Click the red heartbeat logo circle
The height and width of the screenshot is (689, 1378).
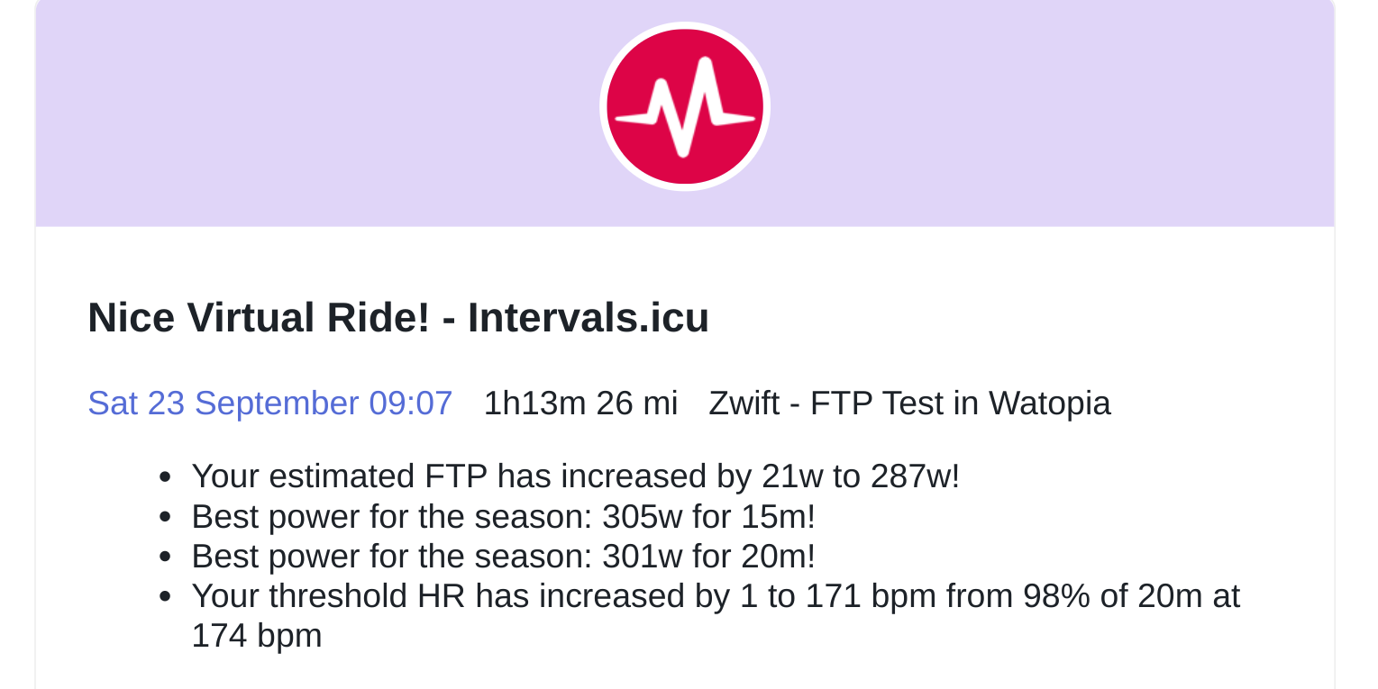[685, 106]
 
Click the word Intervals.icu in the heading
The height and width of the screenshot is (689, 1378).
[589, 318]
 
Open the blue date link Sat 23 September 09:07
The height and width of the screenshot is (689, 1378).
[270, 403]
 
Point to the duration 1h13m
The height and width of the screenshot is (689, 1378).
[534, 403]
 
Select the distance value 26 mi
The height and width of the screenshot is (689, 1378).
[636, 403]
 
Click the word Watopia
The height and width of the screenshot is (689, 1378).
[1049, 403]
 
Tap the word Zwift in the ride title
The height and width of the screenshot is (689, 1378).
[744, 403]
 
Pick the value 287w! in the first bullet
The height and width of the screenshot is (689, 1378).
[915, 476]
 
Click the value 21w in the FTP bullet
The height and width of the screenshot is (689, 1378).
[792, 476]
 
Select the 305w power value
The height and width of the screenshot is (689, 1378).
[642, 516]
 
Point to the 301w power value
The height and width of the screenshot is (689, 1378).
[642, 557]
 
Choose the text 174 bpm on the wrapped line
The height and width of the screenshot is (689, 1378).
[257, 636]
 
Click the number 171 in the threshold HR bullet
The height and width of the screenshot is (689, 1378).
[833, 596]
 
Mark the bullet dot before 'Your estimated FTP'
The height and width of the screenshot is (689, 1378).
[165, 477]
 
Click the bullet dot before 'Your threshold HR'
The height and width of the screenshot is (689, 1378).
[165, 596]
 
